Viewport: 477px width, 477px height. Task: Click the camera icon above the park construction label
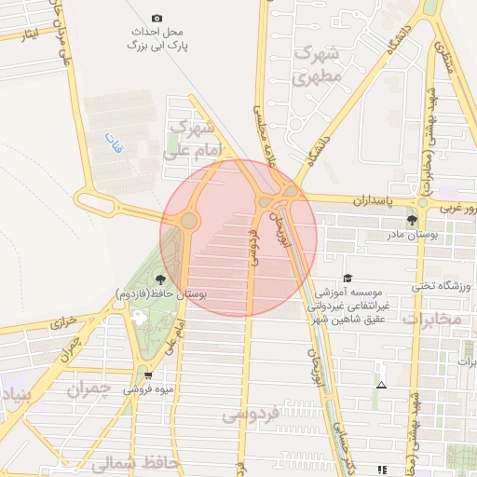[x=157, y=19]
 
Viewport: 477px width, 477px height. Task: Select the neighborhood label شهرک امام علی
[x=194, y=137]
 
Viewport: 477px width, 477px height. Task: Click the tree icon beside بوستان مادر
[x=412, y=220]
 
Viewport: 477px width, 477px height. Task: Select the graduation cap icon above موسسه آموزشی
[x=348, y=278]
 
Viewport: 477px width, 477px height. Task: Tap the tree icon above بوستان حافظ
[x=161, y=279]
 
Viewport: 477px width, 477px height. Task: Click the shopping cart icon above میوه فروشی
[x=148, y=375]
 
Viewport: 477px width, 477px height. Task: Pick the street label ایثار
[x=30, y=34]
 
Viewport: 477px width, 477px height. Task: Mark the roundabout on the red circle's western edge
[x=189, y=221]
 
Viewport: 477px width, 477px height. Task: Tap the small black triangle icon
[x=380, y=384]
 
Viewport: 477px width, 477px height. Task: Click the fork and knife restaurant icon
[x=380, y=470]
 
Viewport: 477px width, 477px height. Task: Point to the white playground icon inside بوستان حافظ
[x=141, y=316]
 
